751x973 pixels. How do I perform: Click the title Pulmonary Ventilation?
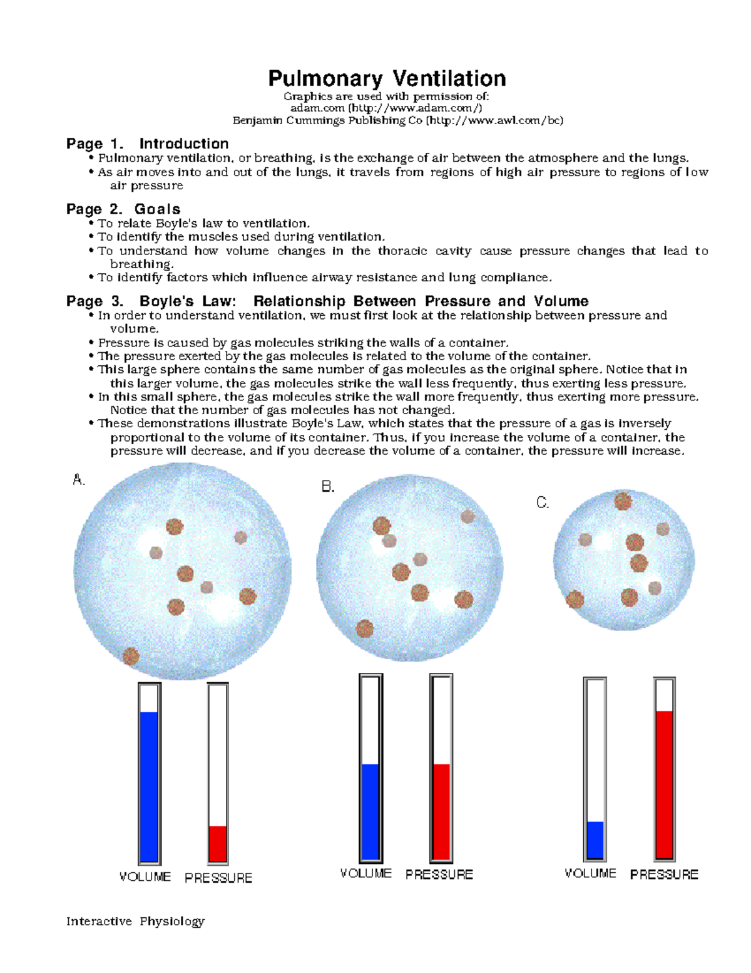[x=387, y=78]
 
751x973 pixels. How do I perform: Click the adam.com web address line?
[x=386, y=108]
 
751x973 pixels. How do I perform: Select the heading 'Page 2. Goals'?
[x=123, y=209]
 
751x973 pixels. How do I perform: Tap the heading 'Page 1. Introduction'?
[x=148, y=143]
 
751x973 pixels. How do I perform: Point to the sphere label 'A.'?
[x=78, y=480]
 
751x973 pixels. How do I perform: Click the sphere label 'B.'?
[x=328, y=486]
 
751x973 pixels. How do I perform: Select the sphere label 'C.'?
[x=543, y=502]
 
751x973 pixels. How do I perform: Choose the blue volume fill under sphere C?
[x=595, y=840]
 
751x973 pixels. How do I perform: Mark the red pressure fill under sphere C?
[x=664, y=784]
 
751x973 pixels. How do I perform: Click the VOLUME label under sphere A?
[x=145, y=877]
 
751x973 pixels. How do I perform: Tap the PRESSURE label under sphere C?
[x=664, y=874]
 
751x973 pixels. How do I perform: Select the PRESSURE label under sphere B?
[x=439, y=874]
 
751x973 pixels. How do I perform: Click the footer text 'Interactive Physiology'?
[x=136, y=921]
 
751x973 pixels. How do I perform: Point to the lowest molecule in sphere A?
[x=131, y=656]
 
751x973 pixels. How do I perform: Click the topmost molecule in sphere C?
[x=623, y=501]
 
